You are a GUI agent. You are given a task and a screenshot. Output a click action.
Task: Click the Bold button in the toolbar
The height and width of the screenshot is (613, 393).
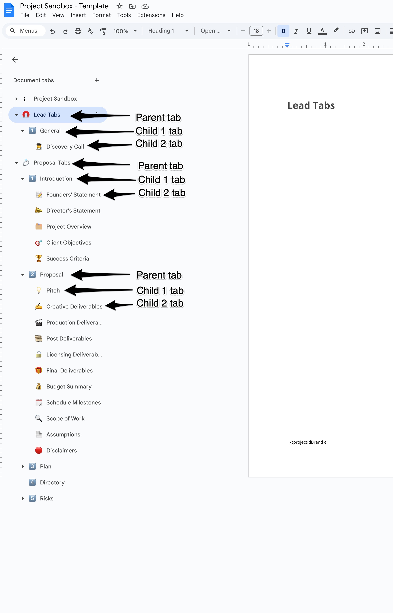click(283, 31)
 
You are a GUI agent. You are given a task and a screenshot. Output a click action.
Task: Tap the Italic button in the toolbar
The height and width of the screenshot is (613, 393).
click(296, 31)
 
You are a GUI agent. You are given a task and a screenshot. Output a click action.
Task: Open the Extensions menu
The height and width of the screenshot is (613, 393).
click(151, 15)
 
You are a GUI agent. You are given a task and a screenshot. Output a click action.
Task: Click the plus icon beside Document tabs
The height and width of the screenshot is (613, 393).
click(97, 80)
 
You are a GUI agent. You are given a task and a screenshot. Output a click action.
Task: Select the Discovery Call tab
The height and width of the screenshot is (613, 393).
click(65, 147)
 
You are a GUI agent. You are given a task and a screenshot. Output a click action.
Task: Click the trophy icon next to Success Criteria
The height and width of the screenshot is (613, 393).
click(39, 258)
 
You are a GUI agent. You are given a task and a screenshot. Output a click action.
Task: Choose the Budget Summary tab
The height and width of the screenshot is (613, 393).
click(69, 386)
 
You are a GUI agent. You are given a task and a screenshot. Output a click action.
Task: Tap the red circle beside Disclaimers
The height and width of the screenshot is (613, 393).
click(39, 450)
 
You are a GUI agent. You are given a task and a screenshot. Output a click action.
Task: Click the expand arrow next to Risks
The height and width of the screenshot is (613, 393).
click(23, 498)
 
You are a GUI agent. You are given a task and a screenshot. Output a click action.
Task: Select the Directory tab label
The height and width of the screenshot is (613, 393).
click(52, 482)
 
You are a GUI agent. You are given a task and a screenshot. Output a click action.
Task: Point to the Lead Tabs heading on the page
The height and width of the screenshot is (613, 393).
click(311, 105)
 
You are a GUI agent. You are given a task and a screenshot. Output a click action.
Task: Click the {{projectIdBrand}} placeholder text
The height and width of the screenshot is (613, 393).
click(308, 442)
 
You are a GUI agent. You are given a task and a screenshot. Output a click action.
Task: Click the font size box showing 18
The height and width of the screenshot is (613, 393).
click(256, 31)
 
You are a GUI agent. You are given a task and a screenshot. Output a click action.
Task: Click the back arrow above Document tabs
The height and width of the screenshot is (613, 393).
click(15, 59)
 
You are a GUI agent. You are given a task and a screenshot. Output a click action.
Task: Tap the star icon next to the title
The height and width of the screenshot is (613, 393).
click(119, 6)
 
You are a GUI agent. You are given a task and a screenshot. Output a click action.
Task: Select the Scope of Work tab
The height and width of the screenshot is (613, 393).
click(65, 418)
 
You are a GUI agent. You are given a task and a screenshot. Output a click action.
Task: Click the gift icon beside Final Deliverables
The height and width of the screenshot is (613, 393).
click(39, 370)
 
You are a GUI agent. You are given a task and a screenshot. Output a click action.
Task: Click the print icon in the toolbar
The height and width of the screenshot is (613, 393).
click(78, 31)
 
